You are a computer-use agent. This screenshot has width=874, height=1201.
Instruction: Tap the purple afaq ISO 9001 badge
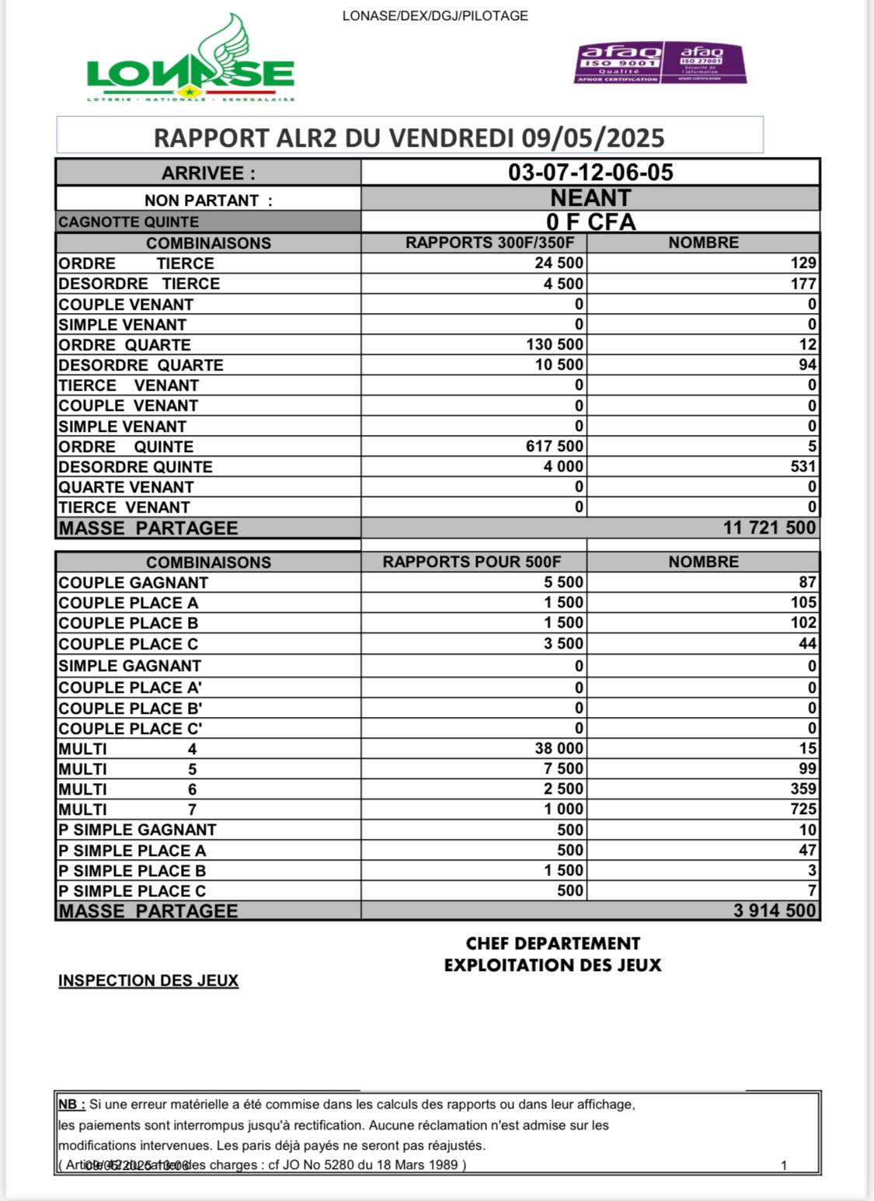tap(618, 63)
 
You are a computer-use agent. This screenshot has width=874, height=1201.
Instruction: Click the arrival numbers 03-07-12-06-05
tap(590, 172)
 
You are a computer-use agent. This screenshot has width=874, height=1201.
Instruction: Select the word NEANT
tap(590, 198)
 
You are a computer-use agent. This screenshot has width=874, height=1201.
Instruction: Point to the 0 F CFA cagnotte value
tap(590, 222)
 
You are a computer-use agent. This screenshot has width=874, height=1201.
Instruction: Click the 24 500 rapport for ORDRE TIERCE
tap(559, 263)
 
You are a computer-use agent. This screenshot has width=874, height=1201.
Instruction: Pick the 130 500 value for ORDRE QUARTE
tap(555, 345)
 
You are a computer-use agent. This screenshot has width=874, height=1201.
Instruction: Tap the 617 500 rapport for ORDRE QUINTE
tap(555, 447)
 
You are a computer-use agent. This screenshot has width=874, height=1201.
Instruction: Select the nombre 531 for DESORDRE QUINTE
tap(803, 467)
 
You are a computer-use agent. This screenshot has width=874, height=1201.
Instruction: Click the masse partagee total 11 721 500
tap(769, 528)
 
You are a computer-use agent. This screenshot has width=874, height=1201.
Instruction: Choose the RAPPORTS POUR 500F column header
tap(472, 562)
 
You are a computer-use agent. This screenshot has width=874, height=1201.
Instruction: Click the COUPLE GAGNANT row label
tap(134, 583)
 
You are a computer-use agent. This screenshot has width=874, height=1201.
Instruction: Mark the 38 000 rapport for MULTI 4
tap(559, 749)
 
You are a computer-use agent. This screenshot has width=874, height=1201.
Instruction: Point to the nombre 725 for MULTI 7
tap(803, 809)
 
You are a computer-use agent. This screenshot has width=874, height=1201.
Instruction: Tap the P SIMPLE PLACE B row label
tap(132, 871)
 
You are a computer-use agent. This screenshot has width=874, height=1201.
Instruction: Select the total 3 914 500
tap(774, 911)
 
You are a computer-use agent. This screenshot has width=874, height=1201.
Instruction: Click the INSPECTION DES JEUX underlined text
tap(148, 981)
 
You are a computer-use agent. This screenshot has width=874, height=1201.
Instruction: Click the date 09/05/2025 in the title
tap(593, 138)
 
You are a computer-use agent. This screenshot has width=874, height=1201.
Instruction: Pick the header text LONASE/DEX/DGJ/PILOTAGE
tap(435, 16)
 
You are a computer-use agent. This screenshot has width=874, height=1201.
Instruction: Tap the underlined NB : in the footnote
tap(71, 1105)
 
